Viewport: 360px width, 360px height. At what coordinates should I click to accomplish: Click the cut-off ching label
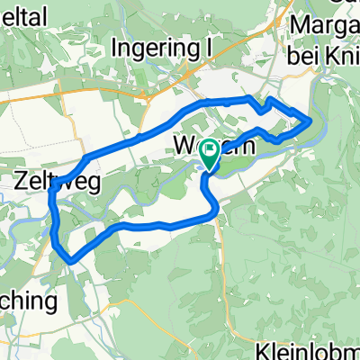pos(29,300)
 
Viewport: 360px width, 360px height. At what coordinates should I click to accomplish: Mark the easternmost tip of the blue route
pos(310,119)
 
